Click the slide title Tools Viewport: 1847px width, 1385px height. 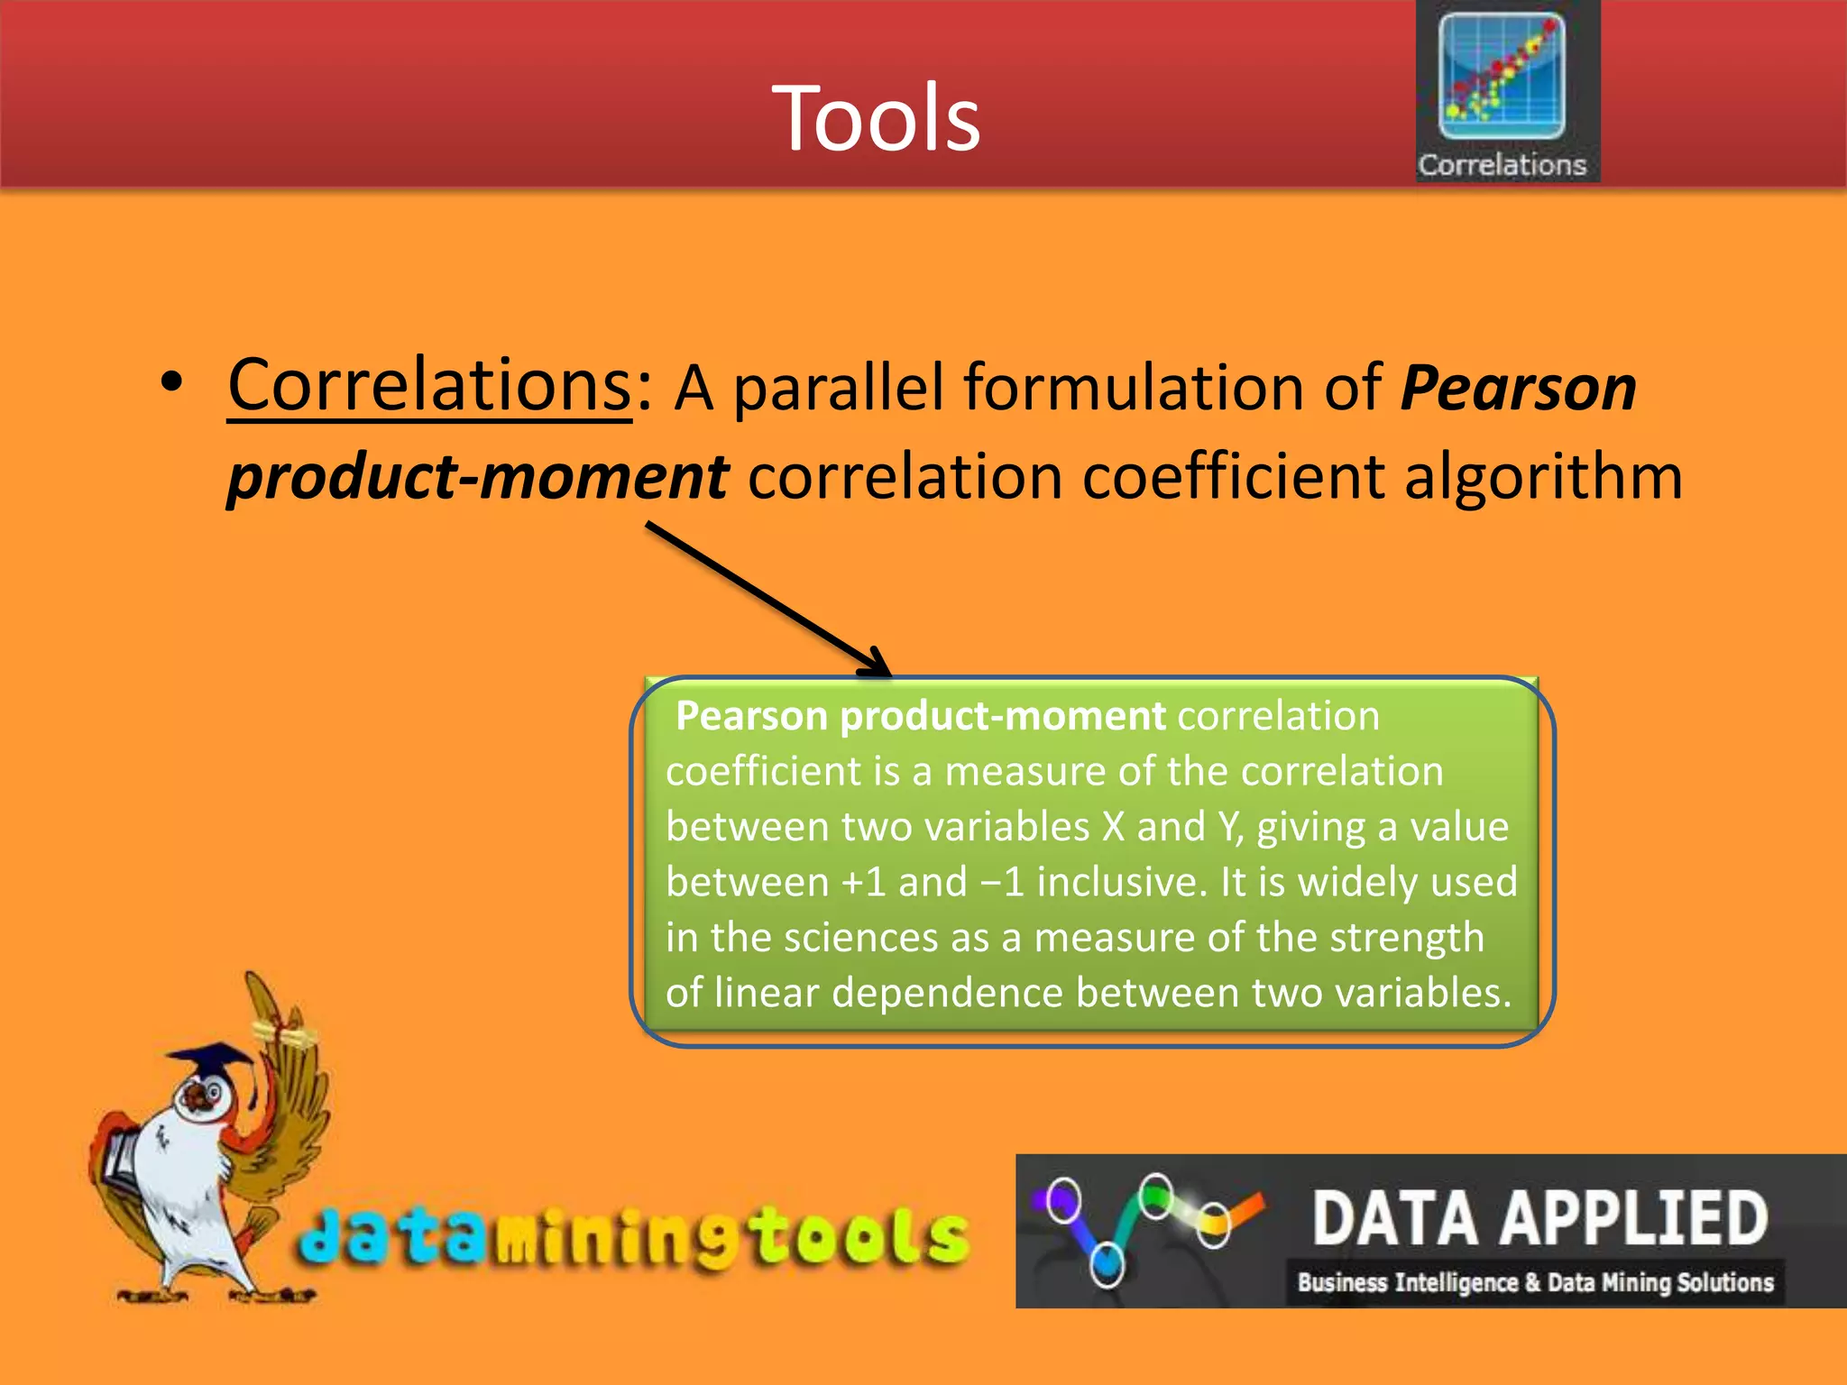pyautogui.click(x=876, y=118)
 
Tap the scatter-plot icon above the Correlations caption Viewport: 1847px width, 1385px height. pyautogui.click(x=1502, y=77)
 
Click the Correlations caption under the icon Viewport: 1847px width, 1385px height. pyautogui.click(x=1502, y=165)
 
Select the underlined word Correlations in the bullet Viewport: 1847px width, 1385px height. pyautogui.click(x=429, y=386)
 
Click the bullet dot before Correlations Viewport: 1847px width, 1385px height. pyautogui.click(x=171, y=383)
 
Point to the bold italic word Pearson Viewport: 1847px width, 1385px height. pyautogui.click(x=1518, y=389)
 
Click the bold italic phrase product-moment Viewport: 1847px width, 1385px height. pyautogui.click(x=478, y=477)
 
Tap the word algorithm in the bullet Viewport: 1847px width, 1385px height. pyautogui.click(x=1543, y=477)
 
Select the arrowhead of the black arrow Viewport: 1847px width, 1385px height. pyautogui.click(x=876, y=665)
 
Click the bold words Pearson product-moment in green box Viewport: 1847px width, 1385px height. pyautogui.click(x=920, y=716)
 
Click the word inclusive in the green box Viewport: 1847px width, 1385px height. pyautogui.click(x=1121, y=882)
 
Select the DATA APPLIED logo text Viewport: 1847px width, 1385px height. pyautogui.click(x=1539, y=1218)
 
